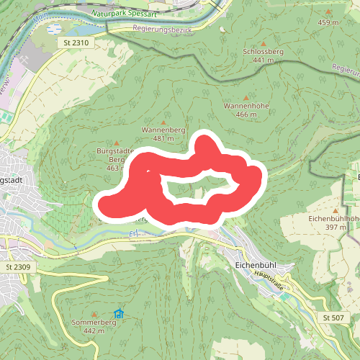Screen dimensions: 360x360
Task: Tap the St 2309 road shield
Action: pos(18,267)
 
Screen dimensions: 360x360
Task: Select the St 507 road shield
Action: pos(333,318)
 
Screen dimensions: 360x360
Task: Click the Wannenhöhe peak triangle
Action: pos(246,97)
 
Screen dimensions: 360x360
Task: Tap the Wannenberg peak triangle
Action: pos(163,122)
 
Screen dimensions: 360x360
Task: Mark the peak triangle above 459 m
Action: pos(328,13)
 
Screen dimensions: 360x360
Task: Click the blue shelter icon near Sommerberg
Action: pos(119,313)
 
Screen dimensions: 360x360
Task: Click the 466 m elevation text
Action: pos(246,114)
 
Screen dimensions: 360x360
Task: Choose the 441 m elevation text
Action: pos(264,60)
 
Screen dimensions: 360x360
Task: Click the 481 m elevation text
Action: pos(163,138)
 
